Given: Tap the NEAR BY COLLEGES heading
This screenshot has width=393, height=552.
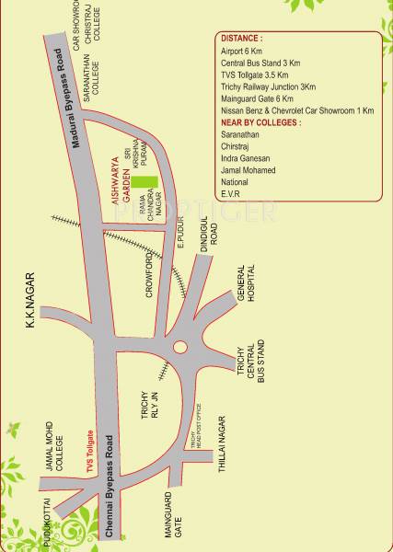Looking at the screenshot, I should (x=261, y=122).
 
